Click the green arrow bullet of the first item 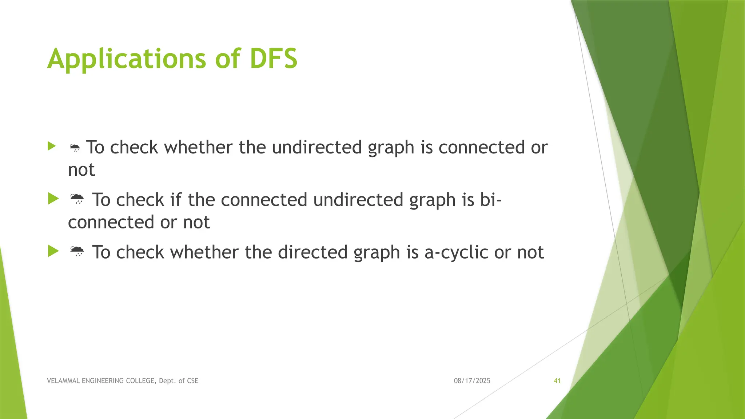[x=52, y=146]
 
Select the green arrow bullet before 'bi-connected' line [x=53, y=199]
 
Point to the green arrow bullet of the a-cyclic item [x=53, y=251]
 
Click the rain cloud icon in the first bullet [x=75, y=148]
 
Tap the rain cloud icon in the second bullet [x=77, y=199]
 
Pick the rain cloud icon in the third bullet [x=77, y=252]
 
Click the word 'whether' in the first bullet [x=198, y=147]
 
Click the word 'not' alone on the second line [x=81, y=170]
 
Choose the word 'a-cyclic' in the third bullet [x=456, y=252]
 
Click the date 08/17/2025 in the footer [x=472, y=381]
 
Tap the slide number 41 [x=557, y=381]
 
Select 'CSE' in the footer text [x=192, y=381]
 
